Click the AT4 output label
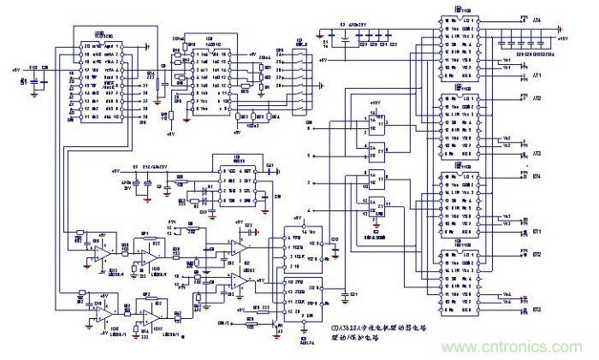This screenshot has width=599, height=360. point(537,20)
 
